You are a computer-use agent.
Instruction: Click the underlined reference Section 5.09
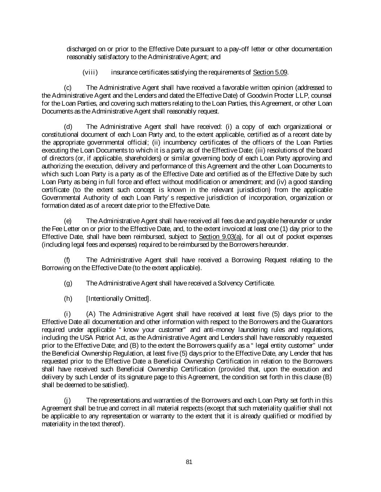point(270,72)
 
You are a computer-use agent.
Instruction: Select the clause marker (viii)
point(90,72)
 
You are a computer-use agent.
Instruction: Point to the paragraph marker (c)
point(68,88)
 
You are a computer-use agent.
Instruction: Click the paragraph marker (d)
point(68,127)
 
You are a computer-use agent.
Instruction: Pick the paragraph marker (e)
point(68,221)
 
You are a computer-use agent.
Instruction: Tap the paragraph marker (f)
point(67,260)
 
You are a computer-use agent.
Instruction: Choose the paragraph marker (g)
point(68,283)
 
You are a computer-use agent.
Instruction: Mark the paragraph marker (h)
point(68,298)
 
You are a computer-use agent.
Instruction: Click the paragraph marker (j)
point(67,400)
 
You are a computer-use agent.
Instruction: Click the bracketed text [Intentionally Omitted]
point(118,298)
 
